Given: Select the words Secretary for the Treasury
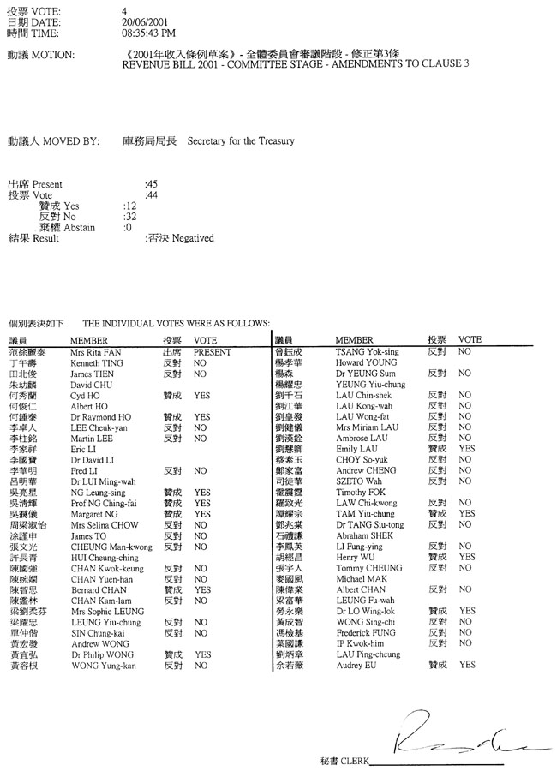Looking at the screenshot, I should pos(241,140).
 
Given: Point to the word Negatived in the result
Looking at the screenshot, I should pos(193,238).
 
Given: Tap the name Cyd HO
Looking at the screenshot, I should pos(85,397).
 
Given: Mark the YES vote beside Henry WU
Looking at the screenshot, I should pos(466,557).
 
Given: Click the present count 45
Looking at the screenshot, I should pos(152,184).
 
